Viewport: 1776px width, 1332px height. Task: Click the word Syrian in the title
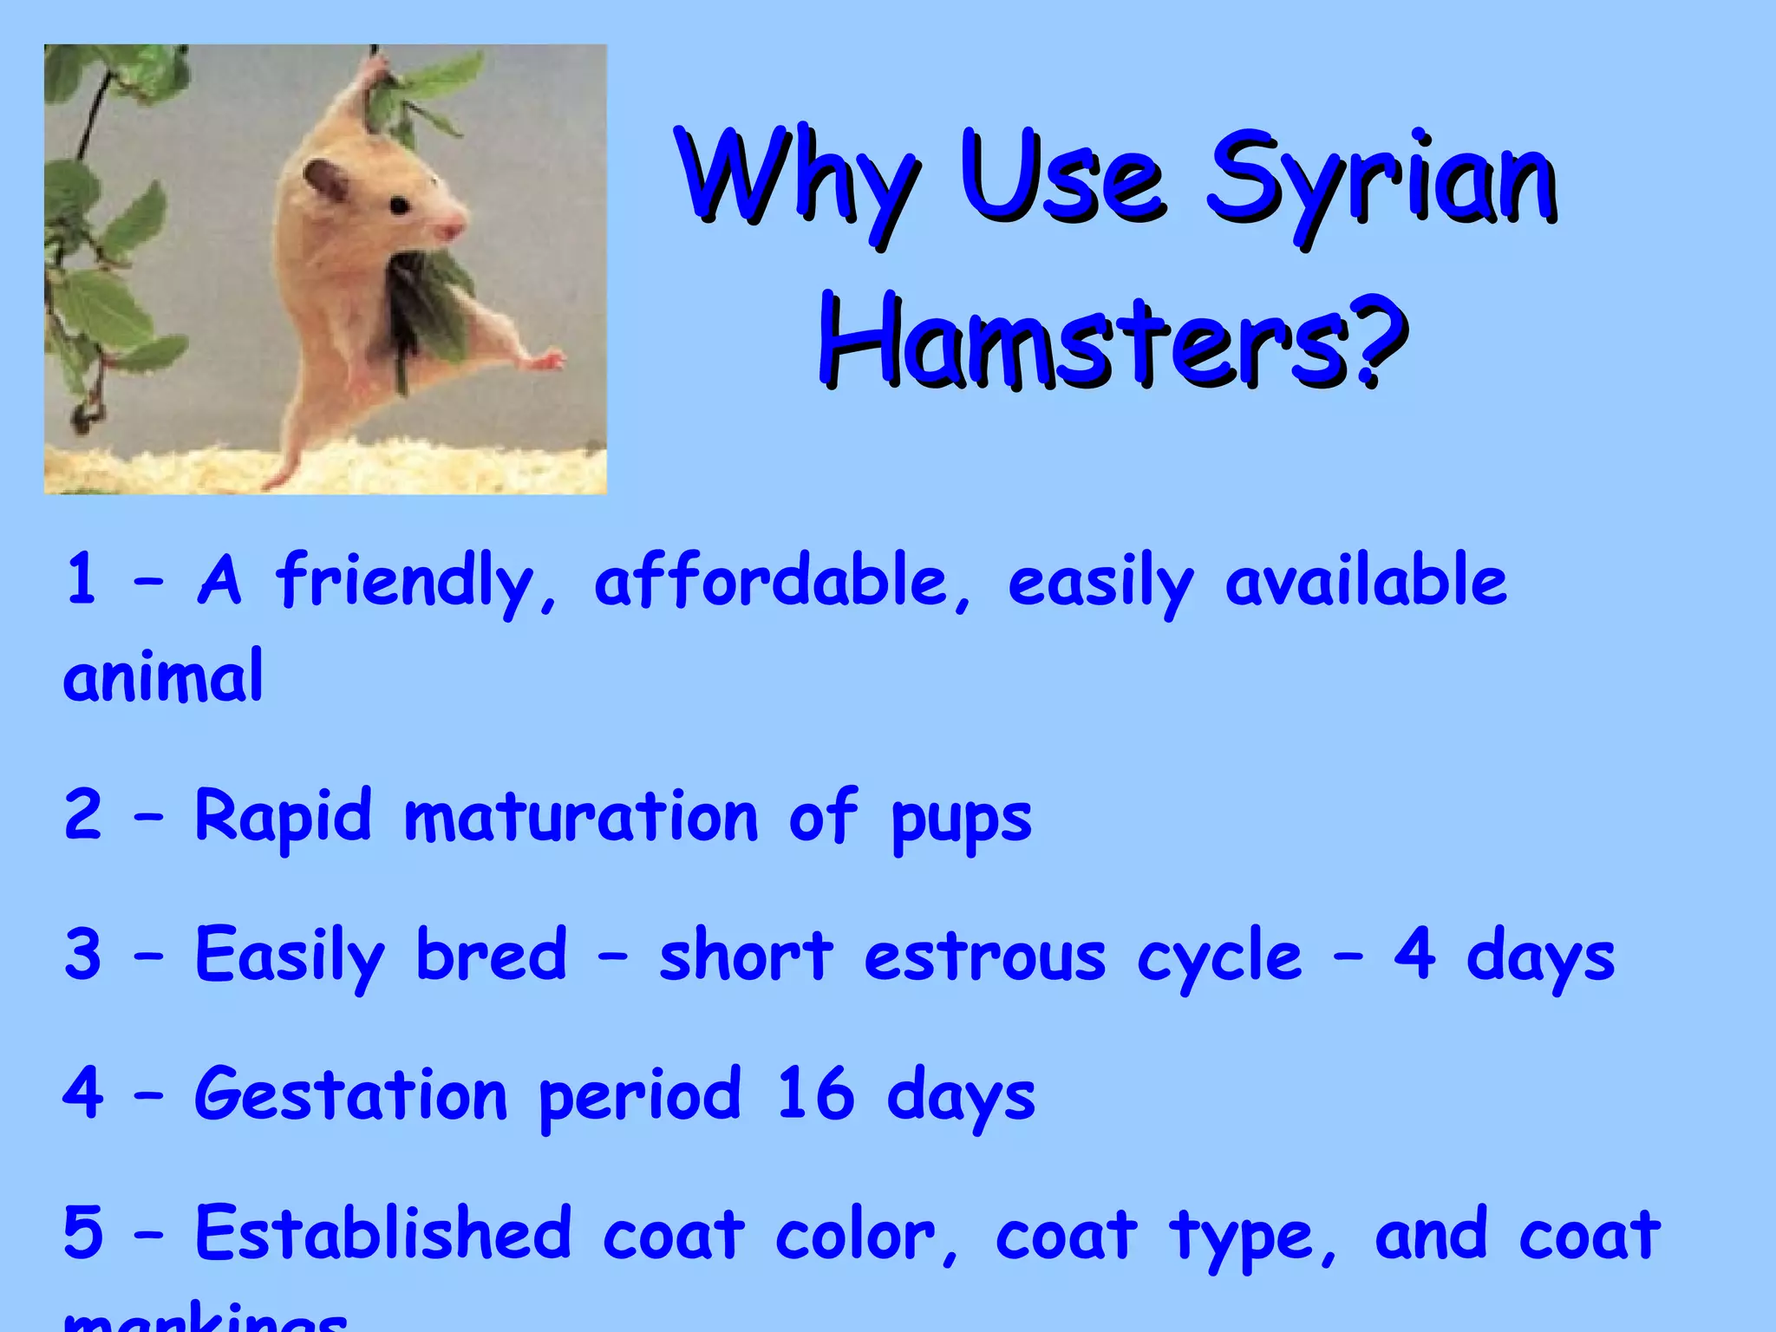pyautogui.click(x=1381, y=182)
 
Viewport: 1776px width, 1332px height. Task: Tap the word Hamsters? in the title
pyautogui.click(x=1113, y=342)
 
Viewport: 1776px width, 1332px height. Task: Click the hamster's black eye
pyautogui.click(x=399, y=206)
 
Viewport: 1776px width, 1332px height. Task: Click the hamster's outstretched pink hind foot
pyautogui.click(x=546, y=358)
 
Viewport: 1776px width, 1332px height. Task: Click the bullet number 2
pyautogui.click(x=83, y=815)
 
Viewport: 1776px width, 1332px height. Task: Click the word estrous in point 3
pyautogui.click(x=985, y=956)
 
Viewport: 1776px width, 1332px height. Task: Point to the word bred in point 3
pyautogui.click(x=491, y=954)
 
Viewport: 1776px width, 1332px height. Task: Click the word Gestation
pyautogui.click(x=350, y=1094)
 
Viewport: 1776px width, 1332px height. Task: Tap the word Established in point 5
pyautogui.click(x=383, y=1233)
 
